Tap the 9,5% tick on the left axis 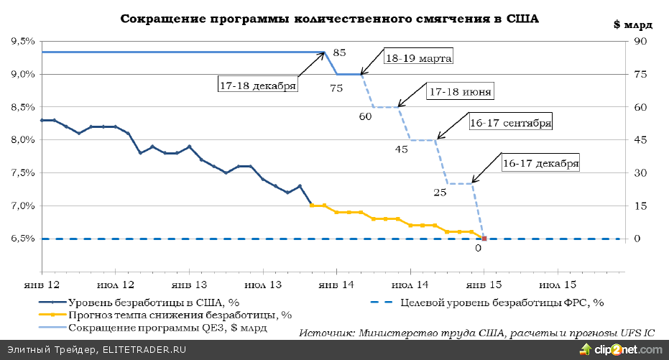point(23,42)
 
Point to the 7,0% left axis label point(23,206)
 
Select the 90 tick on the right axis point(638,42)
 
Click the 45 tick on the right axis point(638,140)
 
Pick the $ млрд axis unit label point(632,24)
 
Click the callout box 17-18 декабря point(258,85)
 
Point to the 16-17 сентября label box point(510,122)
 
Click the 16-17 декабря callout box point(540,163)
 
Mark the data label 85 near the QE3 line point(340,52)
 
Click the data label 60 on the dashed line point(365,116)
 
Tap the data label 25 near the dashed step point(440,192)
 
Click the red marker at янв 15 point(484,239)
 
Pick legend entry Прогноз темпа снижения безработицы point(180,315)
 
